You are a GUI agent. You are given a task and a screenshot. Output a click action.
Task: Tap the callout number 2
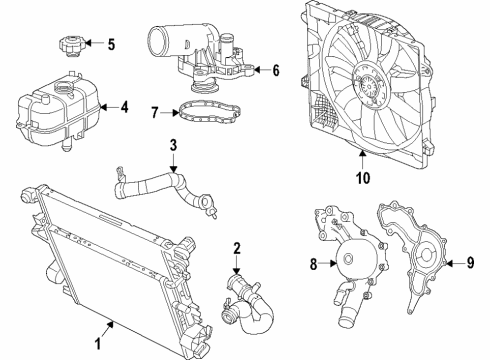tap(236, 248)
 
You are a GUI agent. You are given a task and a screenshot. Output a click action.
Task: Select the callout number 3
tap(173, 146)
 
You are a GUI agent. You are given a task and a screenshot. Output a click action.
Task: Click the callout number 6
tap(275, 69)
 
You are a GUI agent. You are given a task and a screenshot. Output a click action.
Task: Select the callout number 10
tap(361, 178)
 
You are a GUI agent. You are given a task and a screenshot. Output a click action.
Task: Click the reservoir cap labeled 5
tap(73, 46)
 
